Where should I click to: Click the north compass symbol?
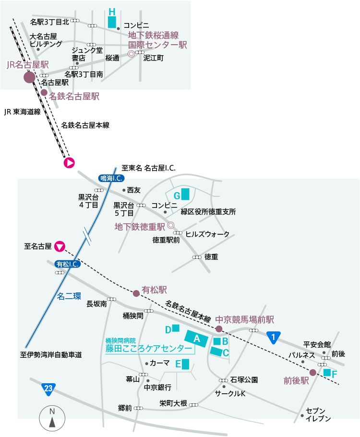pyautogui.click(x=52, y=417)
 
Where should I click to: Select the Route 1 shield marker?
pyautogui.click(x=273, y=338)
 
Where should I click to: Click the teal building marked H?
pyautogui.click(x=112, y=22)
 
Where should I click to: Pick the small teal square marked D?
pyautogui.click(x=176, y=328)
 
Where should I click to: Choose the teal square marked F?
pyautogui.click(x=327, y=372)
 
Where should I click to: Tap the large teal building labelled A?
pyautogui.click(x=196, y=339)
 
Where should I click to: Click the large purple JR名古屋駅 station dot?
pyautogui.click(x=29, y=77)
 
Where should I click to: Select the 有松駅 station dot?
pyautogui.click(x=136, y=291)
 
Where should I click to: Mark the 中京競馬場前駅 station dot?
pyautogui.click(x=219, y=329)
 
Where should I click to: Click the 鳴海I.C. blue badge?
pyautogui.click(x=111, y=178)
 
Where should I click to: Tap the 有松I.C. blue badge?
pyautogui.click(x=68, y=264)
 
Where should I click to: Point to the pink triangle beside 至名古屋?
pyautogui.click(x=60, y=246)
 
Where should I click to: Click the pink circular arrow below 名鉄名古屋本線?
pyautogui.click(x=69, y=163)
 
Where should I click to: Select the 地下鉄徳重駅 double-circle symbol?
pyautogui.click(x=170, y=225)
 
